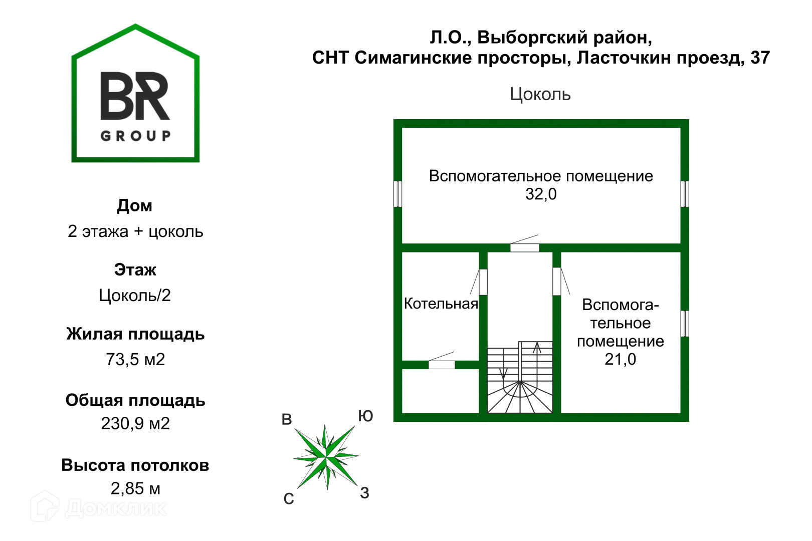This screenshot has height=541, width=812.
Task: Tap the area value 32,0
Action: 541,194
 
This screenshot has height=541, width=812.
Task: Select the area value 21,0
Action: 620,359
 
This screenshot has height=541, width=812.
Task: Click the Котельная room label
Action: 441,304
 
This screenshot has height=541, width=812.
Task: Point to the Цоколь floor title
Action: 540,94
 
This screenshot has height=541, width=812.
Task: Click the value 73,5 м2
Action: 135,359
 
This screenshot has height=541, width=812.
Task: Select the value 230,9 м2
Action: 135,424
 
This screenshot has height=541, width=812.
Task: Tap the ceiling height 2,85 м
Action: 135,488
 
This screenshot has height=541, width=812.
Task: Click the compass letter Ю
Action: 365,416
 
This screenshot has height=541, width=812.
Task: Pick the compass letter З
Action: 365,493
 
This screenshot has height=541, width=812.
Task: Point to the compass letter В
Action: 287,419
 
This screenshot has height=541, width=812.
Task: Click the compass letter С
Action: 289,499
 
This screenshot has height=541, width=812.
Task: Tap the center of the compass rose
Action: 326,456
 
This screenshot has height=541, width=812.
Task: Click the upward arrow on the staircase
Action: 537,347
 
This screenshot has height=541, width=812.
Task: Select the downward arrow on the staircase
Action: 504,374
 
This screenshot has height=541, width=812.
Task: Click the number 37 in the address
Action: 760,58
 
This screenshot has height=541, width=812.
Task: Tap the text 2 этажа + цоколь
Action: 135,231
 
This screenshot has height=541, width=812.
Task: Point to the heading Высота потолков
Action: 135,465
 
